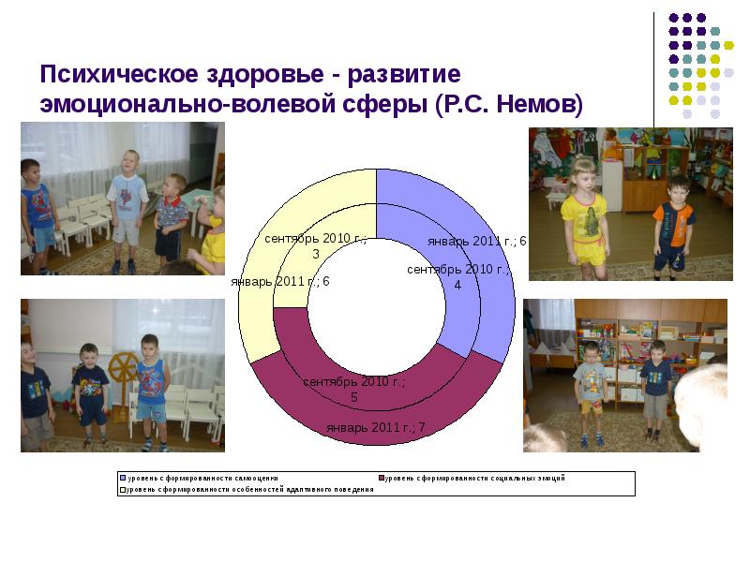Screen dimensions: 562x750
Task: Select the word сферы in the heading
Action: [x=384, y=104]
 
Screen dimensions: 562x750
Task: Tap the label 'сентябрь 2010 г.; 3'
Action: [x=315, y=246]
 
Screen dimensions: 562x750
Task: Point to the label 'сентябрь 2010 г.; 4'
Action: [x=457, y=276]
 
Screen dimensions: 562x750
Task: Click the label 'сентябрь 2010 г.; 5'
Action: [x=353, y=389]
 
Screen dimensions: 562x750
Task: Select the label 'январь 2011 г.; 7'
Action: [x=376, y=427]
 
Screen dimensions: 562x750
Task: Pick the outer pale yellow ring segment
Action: [x=272, y=234]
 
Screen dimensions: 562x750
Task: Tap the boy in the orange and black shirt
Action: [x=672, y=225]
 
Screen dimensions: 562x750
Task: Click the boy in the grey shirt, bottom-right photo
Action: [x=591, y=389]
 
